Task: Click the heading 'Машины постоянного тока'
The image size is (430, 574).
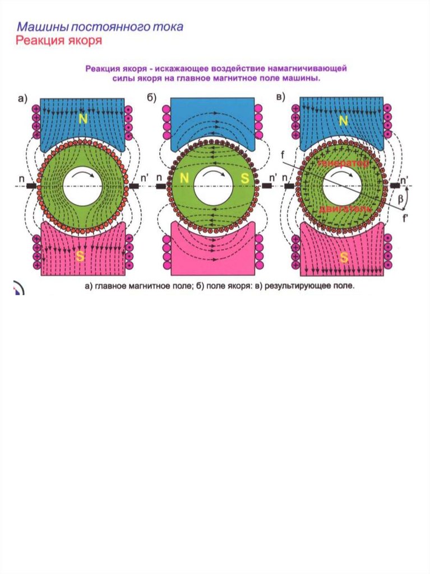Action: coord(100,26)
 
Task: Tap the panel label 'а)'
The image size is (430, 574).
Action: coord(22,99)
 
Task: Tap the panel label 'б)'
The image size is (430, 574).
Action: coord(151,99)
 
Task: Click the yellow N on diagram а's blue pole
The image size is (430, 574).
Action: coord(83,118)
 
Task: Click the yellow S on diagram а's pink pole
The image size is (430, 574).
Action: coord(82,257)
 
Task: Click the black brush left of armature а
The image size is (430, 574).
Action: coord(31,186)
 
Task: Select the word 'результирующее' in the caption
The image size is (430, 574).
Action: coord(297,286)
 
